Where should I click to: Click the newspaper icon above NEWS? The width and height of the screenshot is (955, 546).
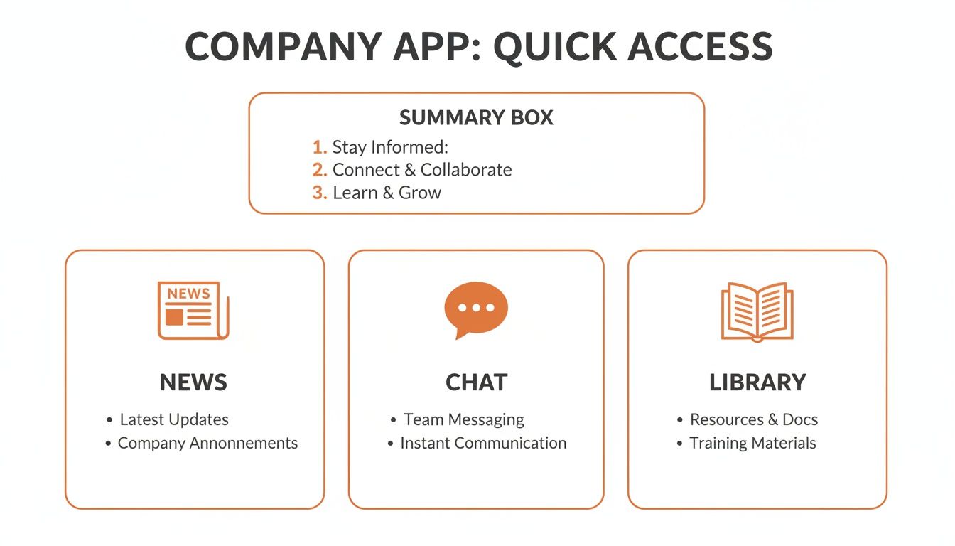(193, 310)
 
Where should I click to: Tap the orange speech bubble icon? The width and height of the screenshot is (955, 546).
(475, 309)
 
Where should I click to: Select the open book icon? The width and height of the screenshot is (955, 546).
(757, 311)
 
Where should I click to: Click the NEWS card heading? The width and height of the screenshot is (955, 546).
(193, 382)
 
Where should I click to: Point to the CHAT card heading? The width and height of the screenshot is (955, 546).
(476, 382)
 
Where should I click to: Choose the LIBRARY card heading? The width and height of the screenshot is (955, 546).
(757, 382)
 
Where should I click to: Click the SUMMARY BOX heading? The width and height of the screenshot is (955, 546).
(476, 117)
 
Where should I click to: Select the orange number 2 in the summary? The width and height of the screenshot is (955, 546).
(319, 170)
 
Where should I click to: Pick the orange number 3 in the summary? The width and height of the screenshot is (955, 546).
(319, 193)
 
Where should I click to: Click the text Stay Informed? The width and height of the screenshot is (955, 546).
(390, 147)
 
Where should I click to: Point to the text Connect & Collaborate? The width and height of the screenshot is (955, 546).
(422, 170)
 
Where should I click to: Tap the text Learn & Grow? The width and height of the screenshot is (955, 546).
(387, 193)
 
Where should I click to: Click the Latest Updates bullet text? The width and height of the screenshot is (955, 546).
(174, 419)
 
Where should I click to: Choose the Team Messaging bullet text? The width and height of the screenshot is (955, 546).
(463, 419)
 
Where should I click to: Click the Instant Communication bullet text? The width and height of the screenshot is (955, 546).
(483, 443)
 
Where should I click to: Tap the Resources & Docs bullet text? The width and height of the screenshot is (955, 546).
(754, 419)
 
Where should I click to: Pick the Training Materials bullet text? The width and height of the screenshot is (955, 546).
(752, 443)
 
